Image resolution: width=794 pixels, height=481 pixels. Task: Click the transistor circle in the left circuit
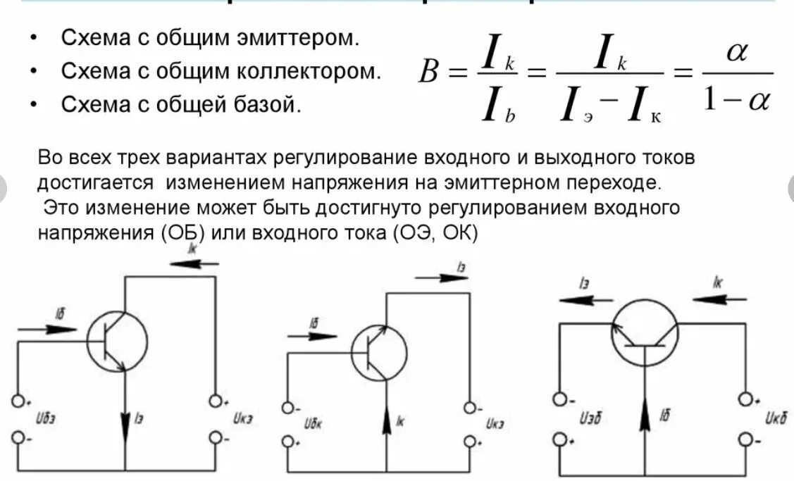(x=118, y=341)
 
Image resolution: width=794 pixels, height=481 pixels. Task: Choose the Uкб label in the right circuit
(x=776, y=419)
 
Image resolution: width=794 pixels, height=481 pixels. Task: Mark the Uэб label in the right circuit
(x=590, y=419)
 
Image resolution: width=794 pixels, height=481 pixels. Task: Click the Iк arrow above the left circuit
(x=194, y=263)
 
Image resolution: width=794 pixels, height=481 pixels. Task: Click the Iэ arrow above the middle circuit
(x=442, y=277)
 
